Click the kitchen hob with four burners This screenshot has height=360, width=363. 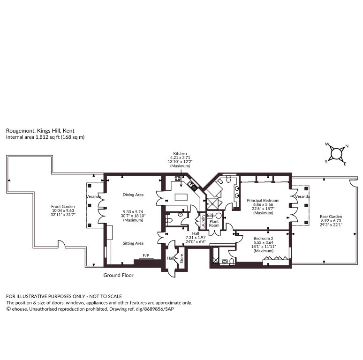point(178,179)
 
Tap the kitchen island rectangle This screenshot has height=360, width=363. point(181,197)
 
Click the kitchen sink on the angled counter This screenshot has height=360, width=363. point(192,185)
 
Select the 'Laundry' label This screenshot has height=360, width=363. point(203,221)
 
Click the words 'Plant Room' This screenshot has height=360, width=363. point(214,223)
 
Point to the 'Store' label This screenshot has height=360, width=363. point(181,258)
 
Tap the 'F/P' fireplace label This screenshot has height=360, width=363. point(146,255)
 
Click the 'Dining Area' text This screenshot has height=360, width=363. point(133,195)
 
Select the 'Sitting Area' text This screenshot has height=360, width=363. point(133,243)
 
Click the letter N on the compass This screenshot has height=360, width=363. point(347,146)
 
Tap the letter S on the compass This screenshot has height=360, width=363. point(326,162)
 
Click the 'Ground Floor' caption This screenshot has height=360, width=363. point(118,275)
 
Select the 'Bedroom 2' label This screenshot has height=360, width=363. point(263,238)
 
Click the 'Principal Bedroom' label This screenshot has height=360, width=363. point(263,200)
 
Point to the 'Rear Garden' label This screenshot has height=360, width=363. point(331,217)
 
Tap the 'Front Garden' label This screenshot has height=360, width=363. point(63,206)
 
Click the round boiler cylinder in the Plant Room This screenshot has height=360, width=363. point(219,216)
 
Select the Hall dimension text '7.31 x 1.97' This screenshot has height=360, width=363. point(196,238)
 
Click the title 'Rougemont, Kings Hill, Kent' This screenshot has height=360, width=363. point(40,131)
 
